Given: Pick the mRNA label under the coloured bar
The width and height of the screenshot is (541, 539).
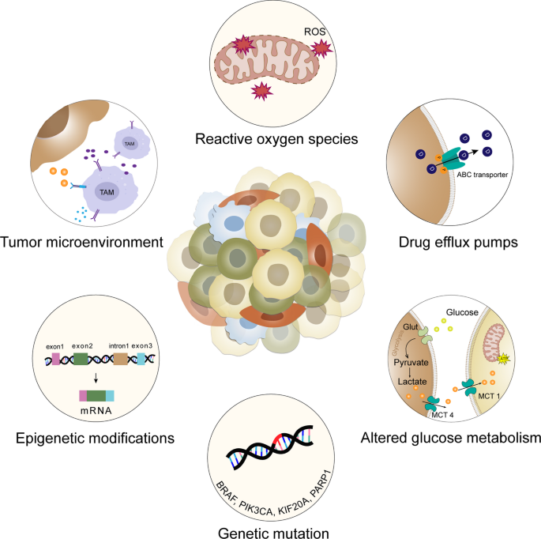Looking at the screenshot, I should [97, 411].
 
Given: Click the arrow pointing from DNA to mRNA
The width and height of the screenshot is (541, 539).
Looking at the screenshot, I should [96, 377].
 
